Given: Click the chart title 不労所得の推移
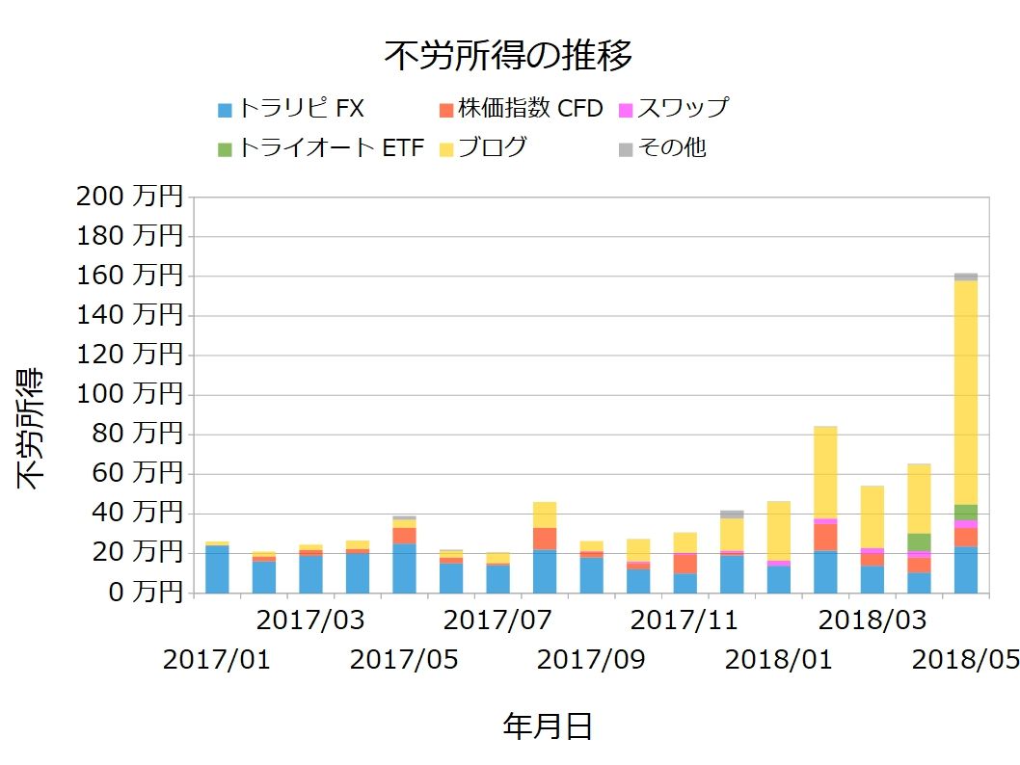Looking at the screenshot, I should pyautogui.click(x=508, y=56).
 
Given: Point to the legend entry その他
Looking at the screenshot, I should pyautogui.click(x=670, y=148).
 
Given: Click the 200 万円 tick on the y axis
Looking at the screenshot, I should pyautogui.click(x=127, y=197).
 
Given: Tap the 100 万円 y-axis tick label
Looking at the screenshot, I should pyautogui.click(x=127, y=395).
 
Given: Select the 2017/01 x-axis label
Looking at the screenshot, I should pyautogui.click(x=217, y=660).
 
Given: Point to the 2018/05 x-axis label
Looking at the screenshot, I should pyautogui.click(x=965, y=660).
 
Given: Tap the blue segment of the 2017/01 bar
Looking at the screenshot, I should pyautogui.click(x=217, y=569).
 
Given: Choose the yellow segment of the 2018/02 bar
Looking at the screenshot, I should pyautogui.click(x=825, y=472).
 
